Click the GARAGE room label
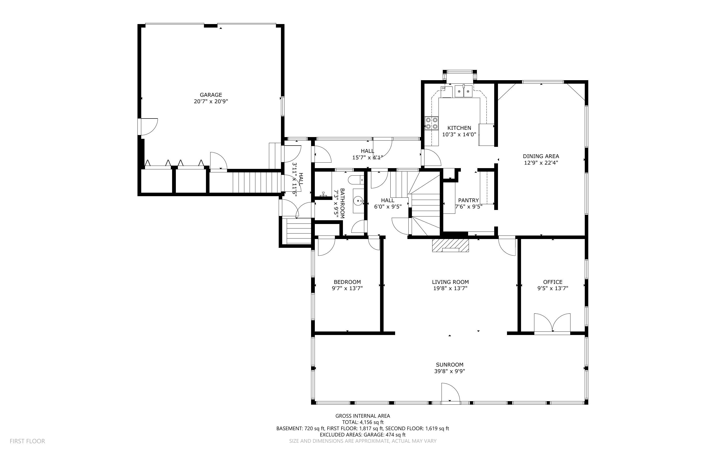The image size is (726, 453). tap(211, 95)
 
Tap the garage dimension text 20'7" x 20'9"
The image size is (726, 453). tap(211, 101)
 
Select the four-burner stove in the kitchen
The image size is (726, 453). tap(431, 123)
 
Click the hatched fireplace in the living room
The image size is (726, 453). tap(450, 245)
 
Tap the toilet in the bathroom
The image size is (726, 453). tap(356, 180)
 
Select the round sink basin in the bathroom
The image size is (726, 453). tap(358, 200)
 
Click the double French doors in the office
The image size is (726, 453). tap(552, 323)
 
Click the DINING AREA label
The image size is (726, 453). tap(541, 156)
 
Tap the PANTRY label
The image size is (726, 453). tap(468, 200)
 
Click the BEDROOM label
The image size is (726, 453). tap(347, 282)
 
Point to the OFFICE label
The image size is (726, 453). tap(552, 282)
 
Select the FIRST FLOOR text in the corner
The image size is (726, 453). tap(27, 441)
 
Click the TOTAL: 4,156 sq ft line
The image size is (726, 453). tap(362, 422)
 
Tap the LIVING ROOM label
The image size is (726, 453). tap(450, 282)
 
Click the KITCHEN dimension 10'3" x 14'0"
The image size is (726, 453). tap(459, 135)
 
